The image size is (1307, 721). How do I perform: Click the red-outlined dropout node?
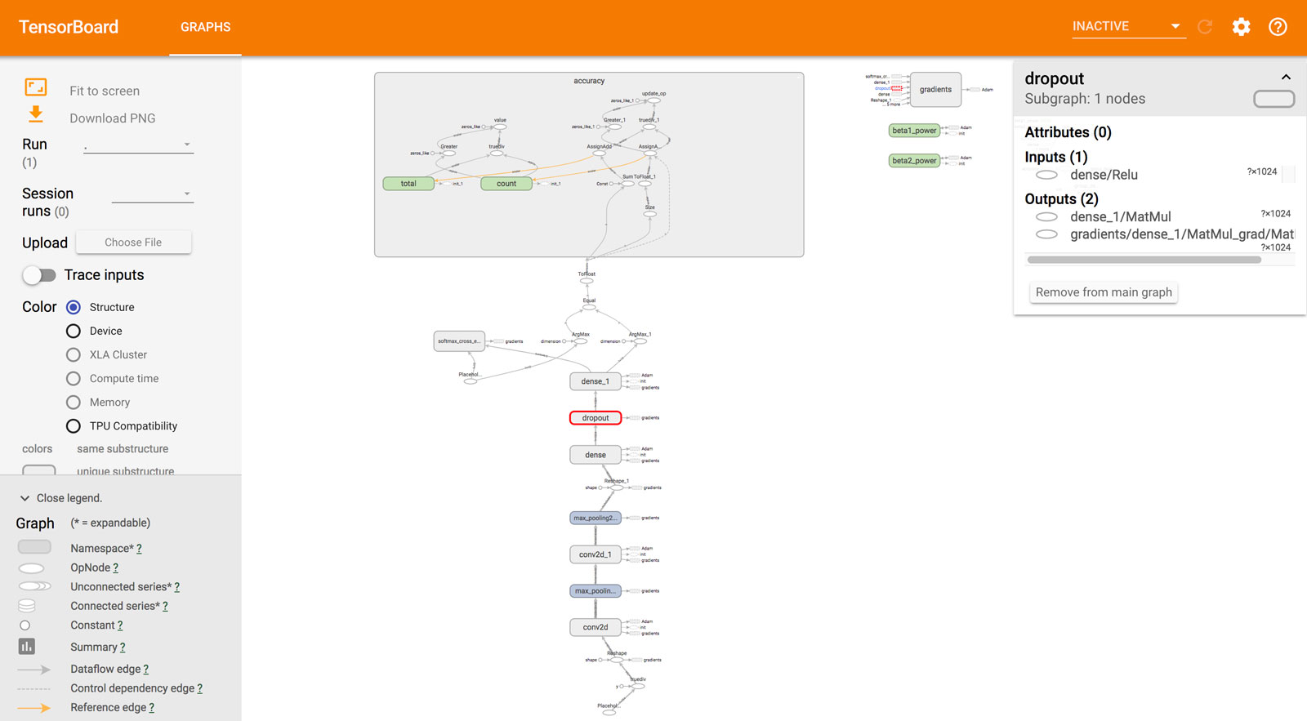tap(595, 418)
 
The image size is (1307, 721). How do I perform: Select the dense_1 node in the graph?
tap(595, 381)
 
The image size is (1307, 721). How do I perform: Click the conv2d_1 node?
tap(595, 554)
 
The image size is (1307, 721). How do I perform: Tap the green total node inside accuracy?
tap(408, 184)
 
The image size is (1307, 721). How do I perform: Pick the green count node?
tap(506, 184)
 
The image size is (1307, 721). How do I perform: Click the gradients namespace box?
tap(935, 90)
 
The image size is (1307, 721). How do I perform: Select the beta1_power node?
tap(914, 131)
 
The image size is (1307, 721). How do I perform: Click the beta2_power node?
tap(914, 161)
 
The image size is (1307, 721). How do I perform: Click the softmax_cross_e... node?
tap(458, 341)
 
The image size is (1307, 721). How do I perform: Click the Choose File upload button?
tap(133, 243)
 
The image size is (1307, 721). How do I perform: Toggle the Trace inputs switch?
tap(39, 275)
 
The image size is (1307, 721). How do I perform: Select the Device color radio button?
tap(74, 331)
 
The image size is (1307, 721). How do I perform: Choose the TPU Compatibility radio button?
tap(74, 426)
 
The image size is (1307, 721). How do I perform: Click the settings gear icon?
tap(1241, 27)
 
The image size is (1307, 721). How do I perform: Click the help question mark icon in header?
tap(1278, 27)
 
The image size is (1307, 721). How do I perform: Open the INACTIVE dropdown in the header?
tap(1127, 27)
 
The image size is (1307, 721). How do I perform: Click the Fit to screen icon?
tap(36, 87)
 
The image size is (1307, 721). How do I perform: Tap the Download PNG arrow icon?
tap(36, 114)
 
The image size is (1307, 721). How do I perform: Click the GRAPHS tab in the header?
tap(205, 27)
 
